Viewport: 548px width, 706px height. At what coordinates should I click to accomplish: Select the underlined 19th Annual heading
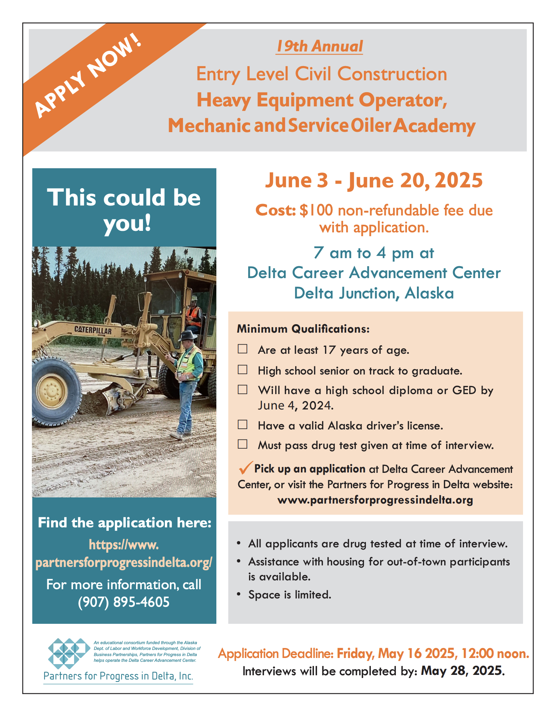[x=319, y=46]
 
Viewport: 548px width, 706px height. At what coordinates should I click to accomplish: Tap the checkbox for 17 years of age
[x=242, y=349]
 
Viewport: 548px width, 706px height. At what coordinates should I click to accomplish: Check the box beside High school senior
[x=242, y=370]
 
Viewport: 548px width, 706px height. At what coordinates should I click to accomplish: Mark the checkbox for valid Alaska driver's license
[x=242, y=424]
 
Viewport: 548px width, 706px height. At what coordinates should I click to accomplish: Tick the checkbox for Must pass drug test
[x=242, y=444]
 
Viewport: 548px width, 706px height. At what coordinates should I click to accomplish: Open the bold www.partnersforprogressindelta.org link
[x=375, y=500]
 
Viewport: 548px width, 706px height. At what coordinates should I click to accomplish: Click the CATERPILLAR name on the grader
[x=93, y=330]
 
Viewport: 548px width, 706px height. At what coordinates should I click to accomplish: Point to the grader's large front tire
[x=56, y=391]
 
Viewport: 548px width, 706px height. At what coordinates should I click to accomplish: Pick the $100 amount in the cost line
[x=316, y=210]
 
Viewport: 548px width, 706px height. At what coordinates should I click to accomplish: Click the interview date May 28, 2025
[x=463, y=671]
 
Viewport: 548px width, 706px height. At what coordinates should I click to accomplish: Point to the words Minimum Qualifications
[x=303, y=329]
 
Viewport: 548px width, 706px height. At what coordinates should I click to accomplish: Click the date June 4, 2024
[x=296, y=406]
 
